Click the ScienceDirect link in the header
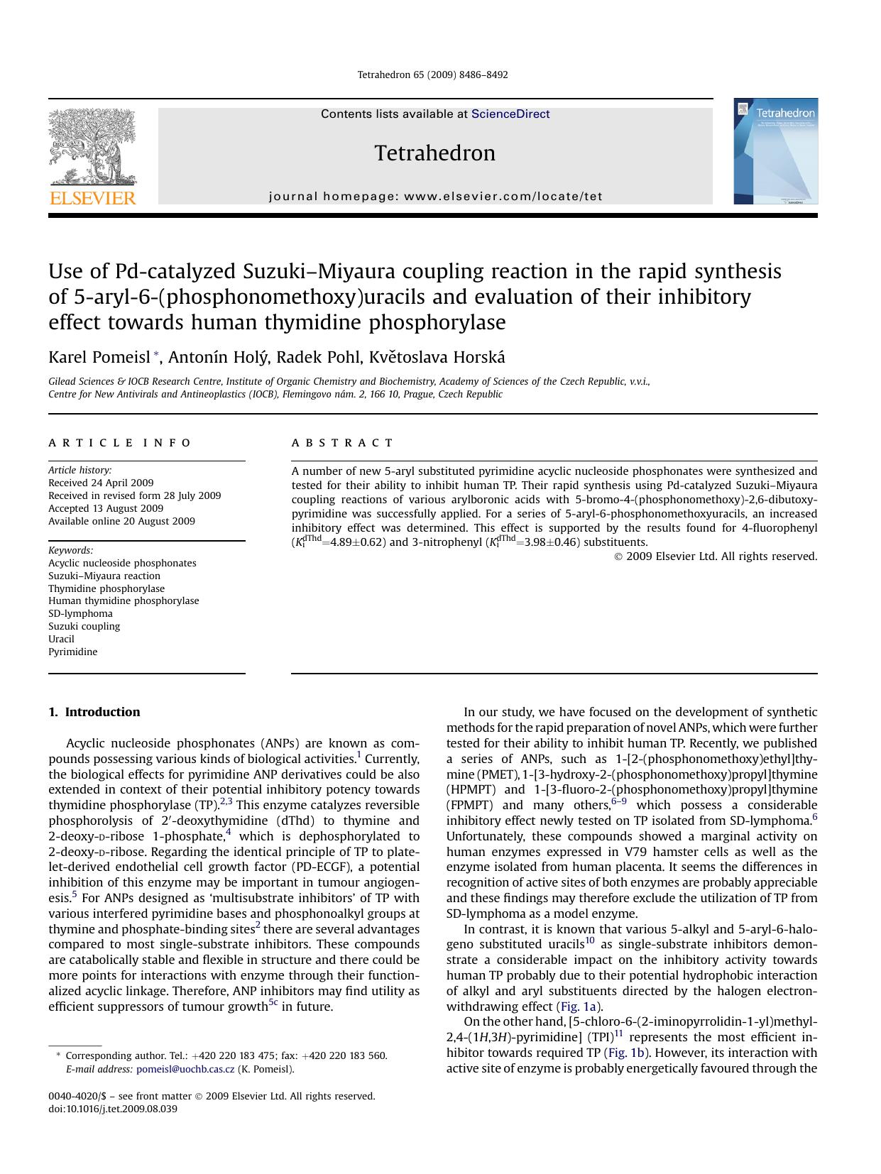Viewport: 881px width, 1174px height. click(510, 114)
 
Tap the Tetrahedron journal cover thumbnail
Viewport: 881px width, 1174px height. click(775, 151)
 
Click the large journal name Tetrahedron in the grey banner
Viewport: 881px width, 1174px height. click(434, 153)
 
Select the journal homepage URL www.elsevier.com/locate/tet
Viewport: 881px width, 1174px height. click(503, 197)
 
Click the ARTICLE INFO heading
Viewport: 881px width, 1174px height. click(120, 443)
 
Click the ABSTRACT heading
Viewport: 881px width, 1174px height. click(342, 443)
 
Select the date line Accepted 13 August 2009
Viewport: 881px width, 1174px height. click(106, 508)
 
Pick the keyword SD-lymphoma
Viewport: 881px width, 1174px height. click(80, 613)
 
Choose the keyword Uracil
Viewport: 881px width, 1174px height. click(61, 639)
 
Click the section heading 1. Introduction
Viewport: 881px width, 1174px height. click(94, 712)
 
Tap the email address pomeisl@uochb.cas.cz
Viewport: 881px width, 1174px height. click(185, 1069)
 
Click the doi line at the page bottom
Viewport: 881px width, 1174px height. click(113, 1109)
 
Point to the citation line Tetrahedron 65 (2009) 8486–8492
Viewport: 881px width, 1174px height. click(432, 75)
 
